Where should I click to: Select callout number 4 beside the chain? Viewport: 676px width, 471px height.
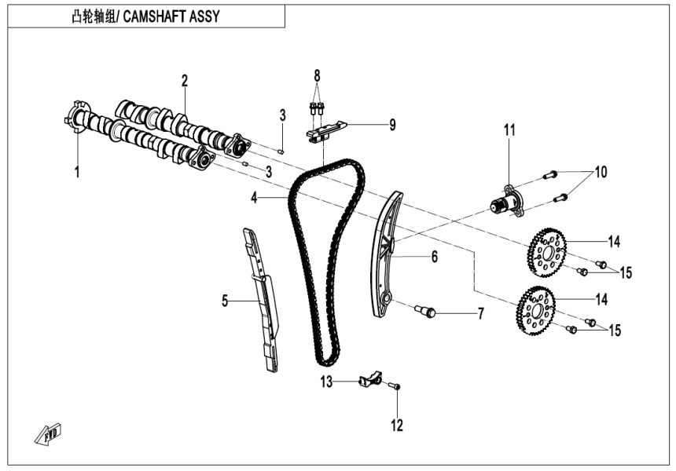pos(255,199)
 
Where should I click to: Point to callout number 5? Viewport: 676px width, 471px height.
pos(225,301)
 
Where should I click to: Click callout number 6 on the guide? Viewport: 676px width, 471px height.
pos(433,257)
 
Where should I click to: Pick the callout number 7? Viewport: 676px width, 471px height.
pos(480,314)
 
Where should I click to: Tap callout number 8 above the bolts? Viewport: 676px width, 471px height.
pos(318,76)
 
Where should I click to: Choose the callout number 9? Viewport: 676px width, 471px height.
pos(391,126)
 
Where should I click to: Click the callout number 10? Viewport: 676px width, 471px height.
pos(601,171)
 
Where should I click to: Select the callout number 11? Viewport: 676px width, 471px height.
pos(509,130)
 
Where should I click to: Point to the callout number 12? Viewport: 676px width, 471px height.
pos(397,425)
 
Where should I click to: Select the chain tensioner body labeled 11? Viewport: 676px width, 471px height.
pos(507,201)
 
